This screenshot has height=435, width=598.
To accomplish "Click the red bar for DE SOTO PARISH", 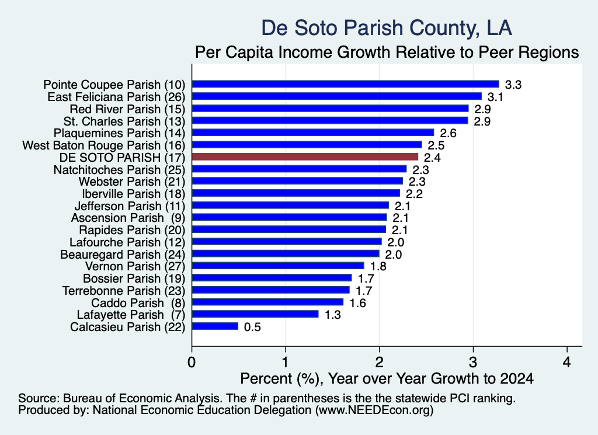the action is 305,156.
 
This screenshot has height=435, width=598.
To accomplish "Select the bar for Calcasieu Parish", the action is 215,326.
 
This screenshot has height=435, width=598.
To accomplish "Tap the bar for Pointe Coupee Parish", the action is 346,84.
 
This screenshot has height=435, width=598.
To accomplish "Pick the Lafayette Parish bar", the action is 255,314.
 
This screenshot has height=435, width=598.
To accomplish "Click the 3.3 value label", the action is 513,85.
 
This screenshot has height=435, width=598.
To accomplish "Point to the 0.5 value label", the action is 252,327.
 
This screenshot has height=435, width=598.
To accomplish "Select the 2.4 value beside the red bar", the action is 432,158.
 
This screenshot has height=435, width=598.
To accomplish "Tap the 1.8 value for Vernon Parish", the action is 378,266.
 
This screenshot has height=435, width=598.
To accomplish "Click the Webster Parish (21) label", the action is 132,182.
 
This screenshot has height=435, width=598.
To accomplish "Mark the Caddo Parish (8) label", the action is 138,303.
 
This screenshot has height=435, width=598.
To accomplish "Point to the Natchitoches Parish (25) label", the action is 119,170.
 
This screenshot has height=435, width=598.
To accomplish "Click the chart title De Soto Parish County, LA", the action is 387,28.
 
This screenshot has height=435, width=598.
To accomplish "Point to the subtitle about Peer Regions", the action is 387,52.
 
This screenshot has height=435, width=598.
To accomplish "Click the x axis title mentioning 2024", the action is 387,378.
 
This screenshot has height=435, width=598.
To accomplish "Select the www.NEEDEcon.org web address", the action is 374,410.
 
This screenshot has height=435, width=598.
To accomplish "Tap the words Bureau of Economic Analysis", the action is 142,398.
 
